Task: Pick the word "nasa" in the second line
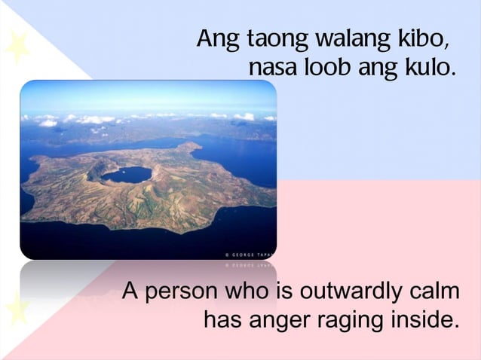273,69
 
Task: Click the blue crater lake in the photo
126,175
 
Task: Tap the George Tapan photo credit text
250,256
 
